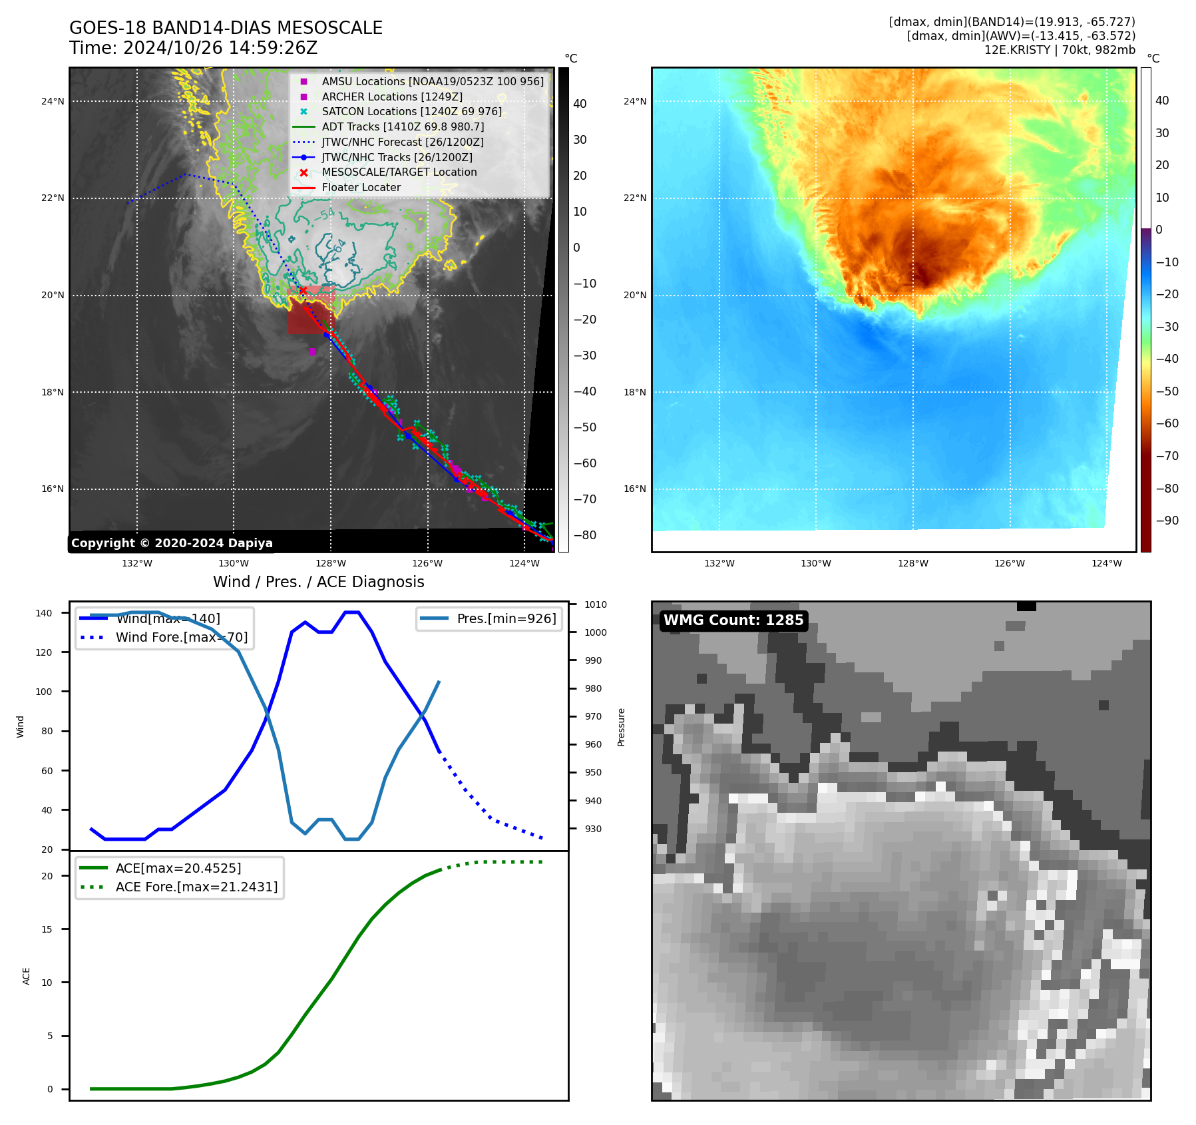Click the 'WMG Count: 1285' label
tap(733, 620)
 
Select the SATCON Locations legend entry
tap(411, 112)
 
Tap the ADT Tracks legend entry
tap(402, 126)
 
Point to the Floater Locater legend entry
tap(361, 188)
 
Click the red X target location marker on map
tap(303, 290)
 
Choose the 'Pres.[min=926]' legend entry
tap(506, 618)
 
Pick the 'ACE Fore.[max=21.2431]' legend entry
tap(196, 887)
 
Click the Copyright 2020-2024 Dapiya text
tap(172, 543)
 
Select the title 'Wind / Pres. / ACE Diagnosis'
tap(318, 582)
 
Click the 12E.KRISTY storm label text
tap(1060, 50)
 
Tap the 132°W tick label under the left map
tap(137, 563)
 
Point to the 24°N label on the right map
tap(634, 101)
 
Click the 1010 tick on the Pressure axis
tap(595, 604)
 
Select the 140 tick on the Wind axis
tap(44, 613)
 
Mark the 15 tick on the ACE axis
tap(47, 929)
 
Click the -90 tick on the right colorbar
tap(1167, 521)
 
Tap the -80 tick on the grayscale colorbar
tap(584, 535)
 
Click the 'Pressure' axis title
tap(621, 727)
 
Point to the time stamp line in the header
tap(193, 49)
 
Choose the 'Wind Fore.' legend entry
tap(181, 637)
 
